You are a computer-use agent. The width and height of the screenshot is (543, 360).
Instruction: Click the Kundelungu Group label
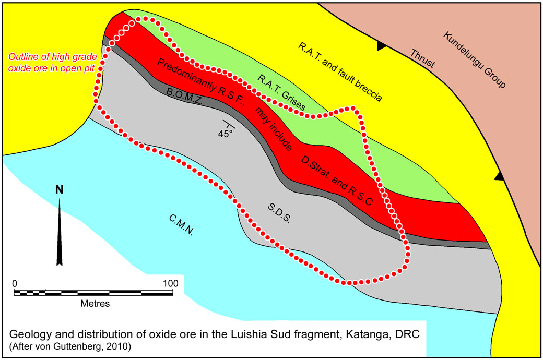point(475,60)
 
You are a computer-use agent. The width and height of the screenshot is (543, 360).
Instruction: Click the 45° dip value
point(226,134)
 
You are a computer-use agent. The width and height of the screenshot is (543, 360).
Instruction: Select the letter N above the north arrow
point(60,190)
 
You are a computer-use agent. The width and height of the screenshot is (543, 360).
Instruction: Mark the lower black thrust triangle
point(500,177)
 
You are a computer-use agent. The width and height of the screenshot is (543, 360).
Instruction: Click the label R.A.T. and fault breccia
point(341,72)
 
